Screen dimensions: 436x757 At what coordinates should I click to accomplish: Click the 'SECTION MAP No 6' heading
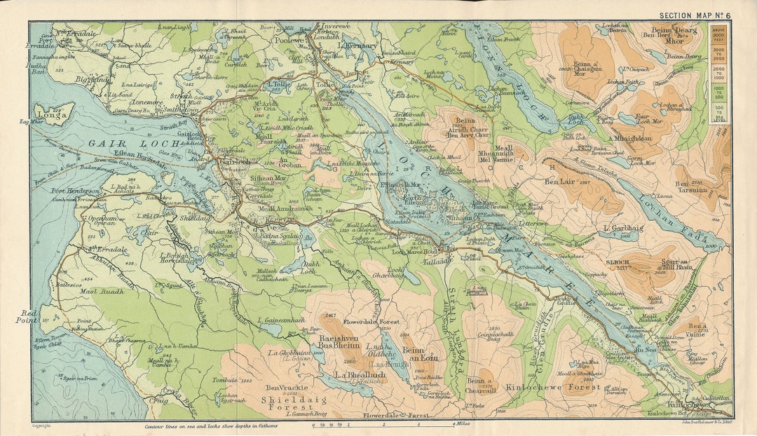(695, 15)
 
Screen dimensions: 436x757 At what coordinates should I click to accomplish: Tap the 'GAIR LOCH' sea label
(116, 144)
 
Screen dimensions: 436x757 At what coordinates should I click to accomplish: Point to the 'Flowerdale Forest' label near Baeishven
(371, 323)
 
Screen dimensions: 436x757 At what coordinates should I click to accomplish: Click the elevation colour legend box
(718, 74)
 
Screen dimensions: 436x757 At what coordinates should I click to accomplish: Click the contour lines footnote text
(211, 425)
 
